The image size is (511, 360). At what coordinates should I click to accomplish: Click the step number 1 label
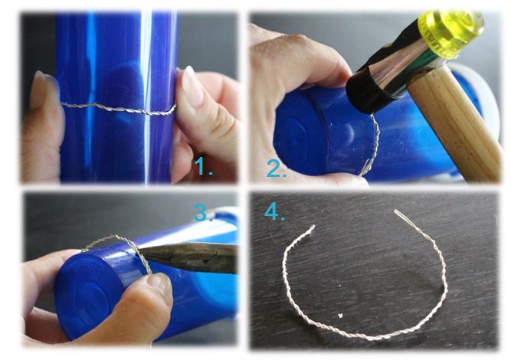tap(203, 166)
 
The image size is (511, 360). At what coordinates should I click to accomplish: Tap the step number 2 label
tap(277, 169)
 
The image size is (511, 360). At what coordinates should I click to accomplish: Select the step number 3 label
tap(203, 213)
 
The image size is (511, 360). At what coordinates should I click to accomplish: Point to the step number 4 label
tap(274, 212)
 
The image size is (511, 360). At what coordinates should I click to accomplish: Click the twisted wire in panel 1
tap(119, 109)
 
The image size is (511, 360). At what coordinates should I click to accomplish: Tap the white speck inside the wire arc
tap(340, 316)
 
